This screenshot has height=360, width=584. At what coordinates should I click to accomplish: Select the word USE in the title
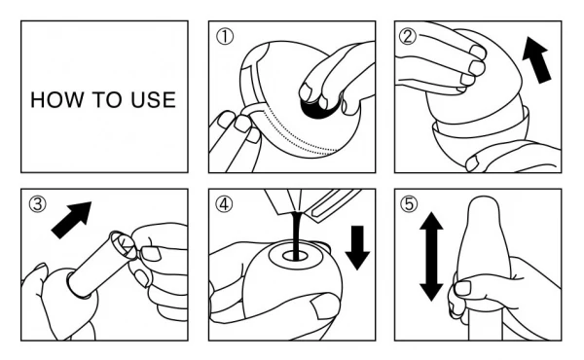click(x=153, y=100)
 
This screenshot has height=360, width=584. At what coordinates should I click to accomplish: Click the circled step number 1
click(x=225, y=37)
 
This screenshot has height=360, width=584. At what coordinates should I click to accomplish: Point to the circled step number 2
click(x=408, y=36)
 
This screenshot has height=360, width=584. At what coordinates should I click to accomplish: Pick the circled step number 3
click(x=38, y=204)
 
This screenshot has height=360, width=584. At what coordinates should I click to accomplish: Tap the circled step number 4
click(x=225, y=204)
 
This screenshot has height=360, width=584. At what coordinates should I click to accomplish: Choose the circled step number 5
click(x=409, y=204)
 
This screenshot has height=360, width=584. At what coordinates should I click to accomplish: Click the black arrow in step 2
click(x=536, y=59)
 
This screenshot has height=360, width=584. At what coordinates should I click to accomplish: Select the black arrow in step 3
click(x=71, y=220)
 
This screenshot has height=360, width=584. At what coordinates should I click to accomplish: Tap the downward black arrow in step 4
click(x=357, y=247)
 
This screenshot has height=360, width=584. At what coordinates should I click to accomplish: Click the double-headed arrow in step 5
click(x=431, y=257)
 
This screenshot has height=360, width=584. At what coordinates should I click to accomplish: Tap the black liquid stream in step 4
click(x=297, y=235)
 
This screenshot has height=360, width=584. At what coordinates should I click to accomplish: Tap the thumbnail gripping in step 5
click(x=463, y=289)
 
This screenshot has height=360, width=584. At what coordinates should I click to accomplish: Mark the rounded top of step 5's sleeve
click(x=484, y=204)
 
